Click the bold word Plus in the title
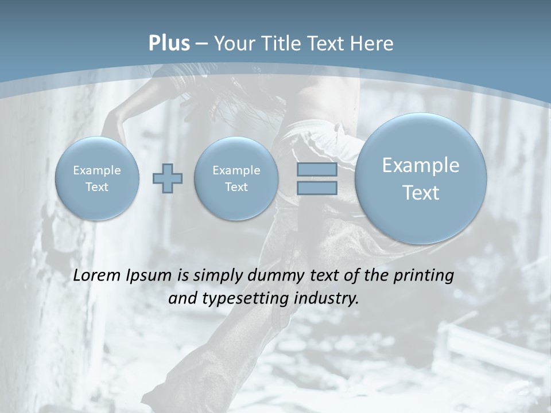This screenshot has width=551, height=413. pyautogui.click(x=169, y=44)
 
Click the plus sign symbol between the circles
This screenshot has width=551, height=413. pyautogui.click(x=168, y=178)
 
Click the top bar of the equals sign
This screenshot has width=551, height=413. pyautogui.click(x=317, y=169)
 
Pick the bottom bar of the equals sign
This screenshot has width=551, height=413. pyautogui.click(x=317, y=188)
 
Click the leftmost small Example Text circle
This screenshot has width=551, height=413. pyautogui.click(x=97, y=178)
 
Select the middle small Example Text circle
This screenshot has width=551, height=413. pyautogui.click(x=236, y=178)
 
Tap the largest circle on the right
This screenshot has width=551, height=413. pyautogui.click(x=421, y=178)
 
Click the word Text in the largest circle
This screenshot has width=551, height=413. pyautogui.click(x=421, y=193)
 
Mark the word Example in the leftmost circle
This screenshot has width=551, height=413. pyautogui.click(x=97, y=170)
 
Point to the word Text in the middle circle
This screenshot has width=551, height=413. pyautogui.click(x=236, y=187)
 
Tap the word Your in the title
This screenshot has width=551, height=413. pyautogui.click(x=232, y=44)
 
